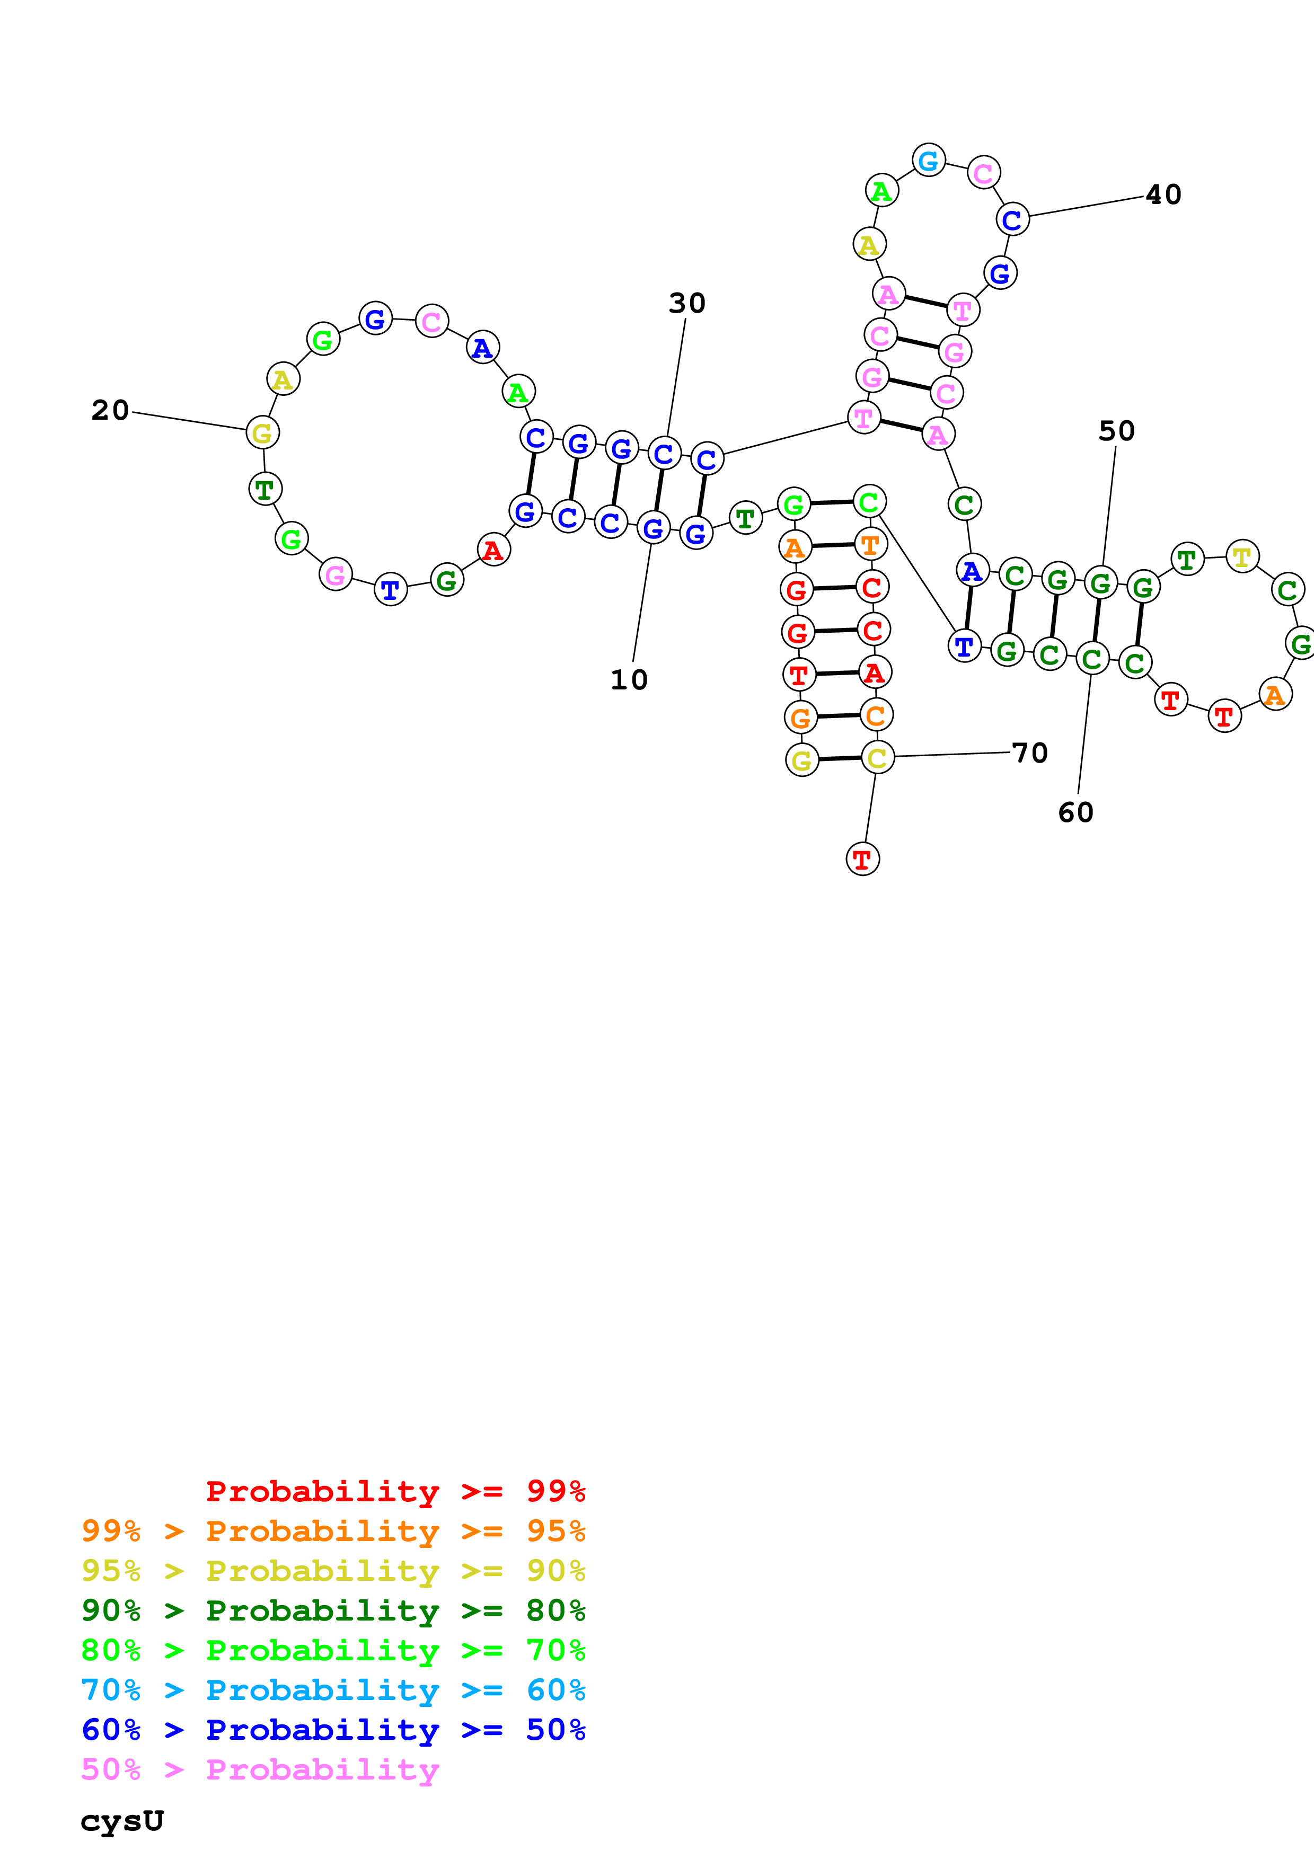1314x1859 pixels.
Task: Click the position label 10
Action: point(629,680)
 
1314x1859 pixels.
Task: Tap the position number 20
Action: point(110,411)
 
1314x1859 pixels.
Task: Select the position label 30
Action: point(686,304)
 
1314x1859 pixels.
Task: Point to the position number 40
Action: point(1163,195)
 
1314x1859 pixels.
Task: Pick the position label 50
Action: point(1116,431)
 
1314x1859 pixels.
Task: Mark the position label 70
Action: point(1030,754)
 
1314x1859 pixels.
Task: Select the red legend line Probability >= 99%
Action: point(395,1491)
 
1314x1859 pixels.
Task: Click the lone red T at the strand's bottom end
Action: point(862,859)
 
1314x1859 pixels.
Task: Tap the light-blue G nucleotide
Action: point(929,161)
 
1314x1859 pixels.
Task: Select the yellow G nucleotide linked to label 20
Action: point(262,432)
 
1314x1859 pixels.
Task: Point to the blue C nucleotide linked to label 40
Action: point(1012,219)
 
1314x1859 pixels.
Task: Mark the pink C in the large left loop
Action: point(431,322)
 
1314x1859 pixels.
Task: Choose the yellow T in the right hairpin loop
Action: point(1242,556)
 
